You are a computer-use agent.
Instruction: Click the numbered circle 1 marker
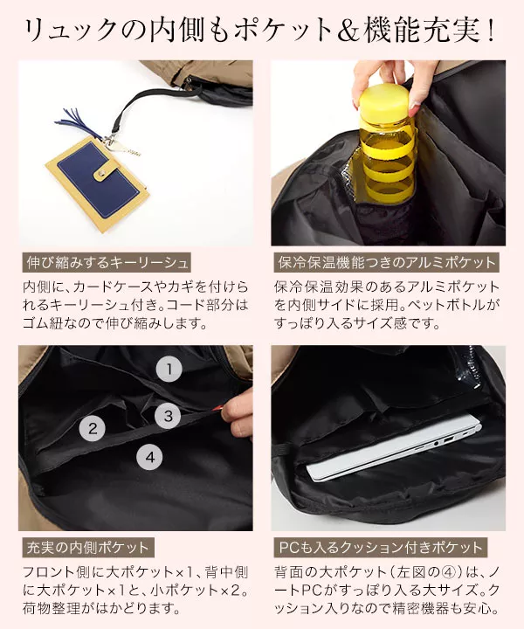[x=169, y=369]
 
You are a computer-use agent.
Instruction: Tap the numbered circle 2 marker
[x=93, y=429]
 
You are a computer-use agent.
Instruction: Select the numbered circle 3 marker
[x=169, y=416]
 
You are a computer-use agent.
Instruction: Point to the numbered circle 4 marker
[x=150, y=457]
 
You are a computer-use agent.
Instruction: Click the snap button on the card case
[x=100, y=173]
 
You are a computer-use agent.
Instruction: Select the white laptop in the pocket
[x=394, y=447]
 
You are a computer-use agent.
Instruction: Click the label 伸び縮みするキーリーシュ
[x=107, y=263]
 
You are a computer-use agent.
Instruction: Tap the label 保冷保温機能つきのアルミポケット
[x=387, y=263]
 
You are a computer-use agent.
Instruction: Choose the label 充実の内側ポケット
[x=88, y=548]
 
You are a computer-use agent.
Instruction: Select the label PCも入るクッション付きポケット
[x=381, y=548]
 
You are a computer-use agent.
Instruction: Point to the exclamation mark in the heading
[x=490, y=31]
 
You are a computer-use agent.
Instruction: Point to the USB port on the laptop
[x=448, y=440]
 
